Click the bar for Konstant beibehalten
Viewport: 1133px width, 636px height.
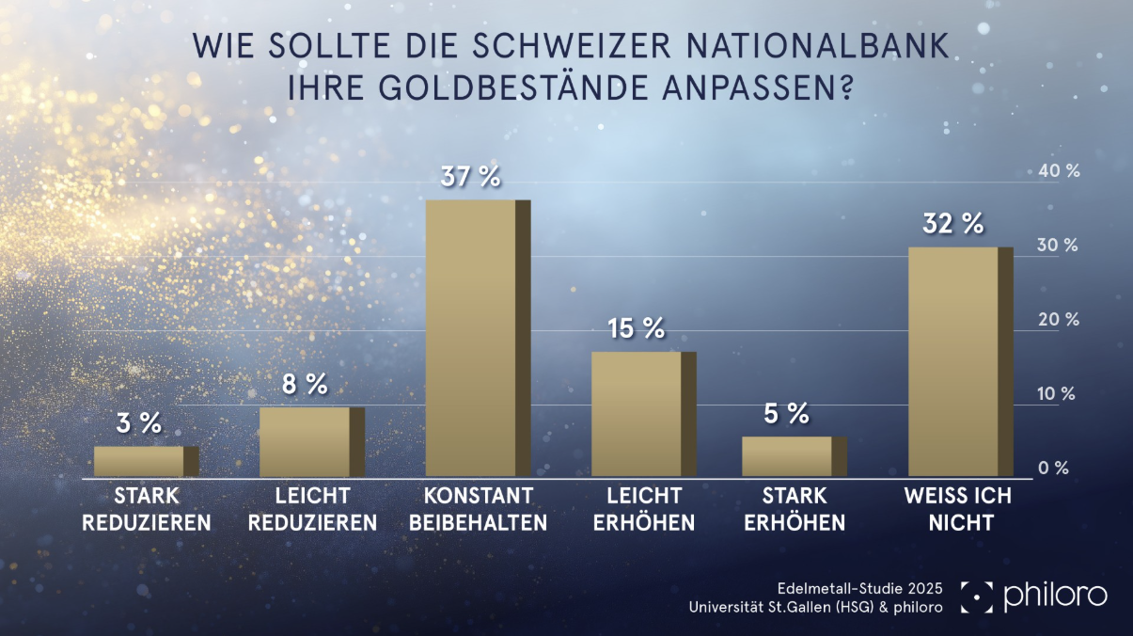[x=471, y=339]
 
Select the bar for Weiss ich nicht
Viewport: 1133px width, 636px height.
[x=953, y=362]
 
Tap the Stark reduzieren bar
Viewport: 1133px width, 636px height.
[x=139, y=461]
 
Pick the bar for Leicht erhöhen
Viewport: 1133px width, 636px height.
[x=637, y=414]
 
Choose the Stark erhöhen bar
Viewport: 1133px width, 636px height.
[x=787, y=456]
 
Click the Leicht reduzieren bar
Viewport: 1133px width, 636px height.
[x=305, y=441]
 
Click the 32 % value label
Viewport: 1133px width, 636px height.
[x=953, y=224]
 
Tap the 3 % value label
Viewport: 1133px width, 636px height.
[x=139, y=423]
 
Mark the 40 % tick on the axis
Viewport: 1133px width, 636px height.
[x=1058, y=171]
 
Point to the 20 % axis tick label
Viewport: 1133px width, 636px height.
[x=1058, y=320]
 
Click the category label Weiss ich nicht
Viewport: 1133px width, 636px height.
[x=956, y=509]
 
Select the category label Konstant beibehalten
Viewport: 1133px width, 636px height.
[x=478, y=509]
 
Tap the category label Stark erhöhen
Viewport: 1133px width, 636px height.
[x=795, y=509]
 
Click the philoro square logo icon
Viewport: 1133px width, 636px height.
[x=976, y=596]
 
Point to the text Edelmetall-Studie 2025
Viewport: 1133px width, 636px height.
[x=860, y=588]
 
